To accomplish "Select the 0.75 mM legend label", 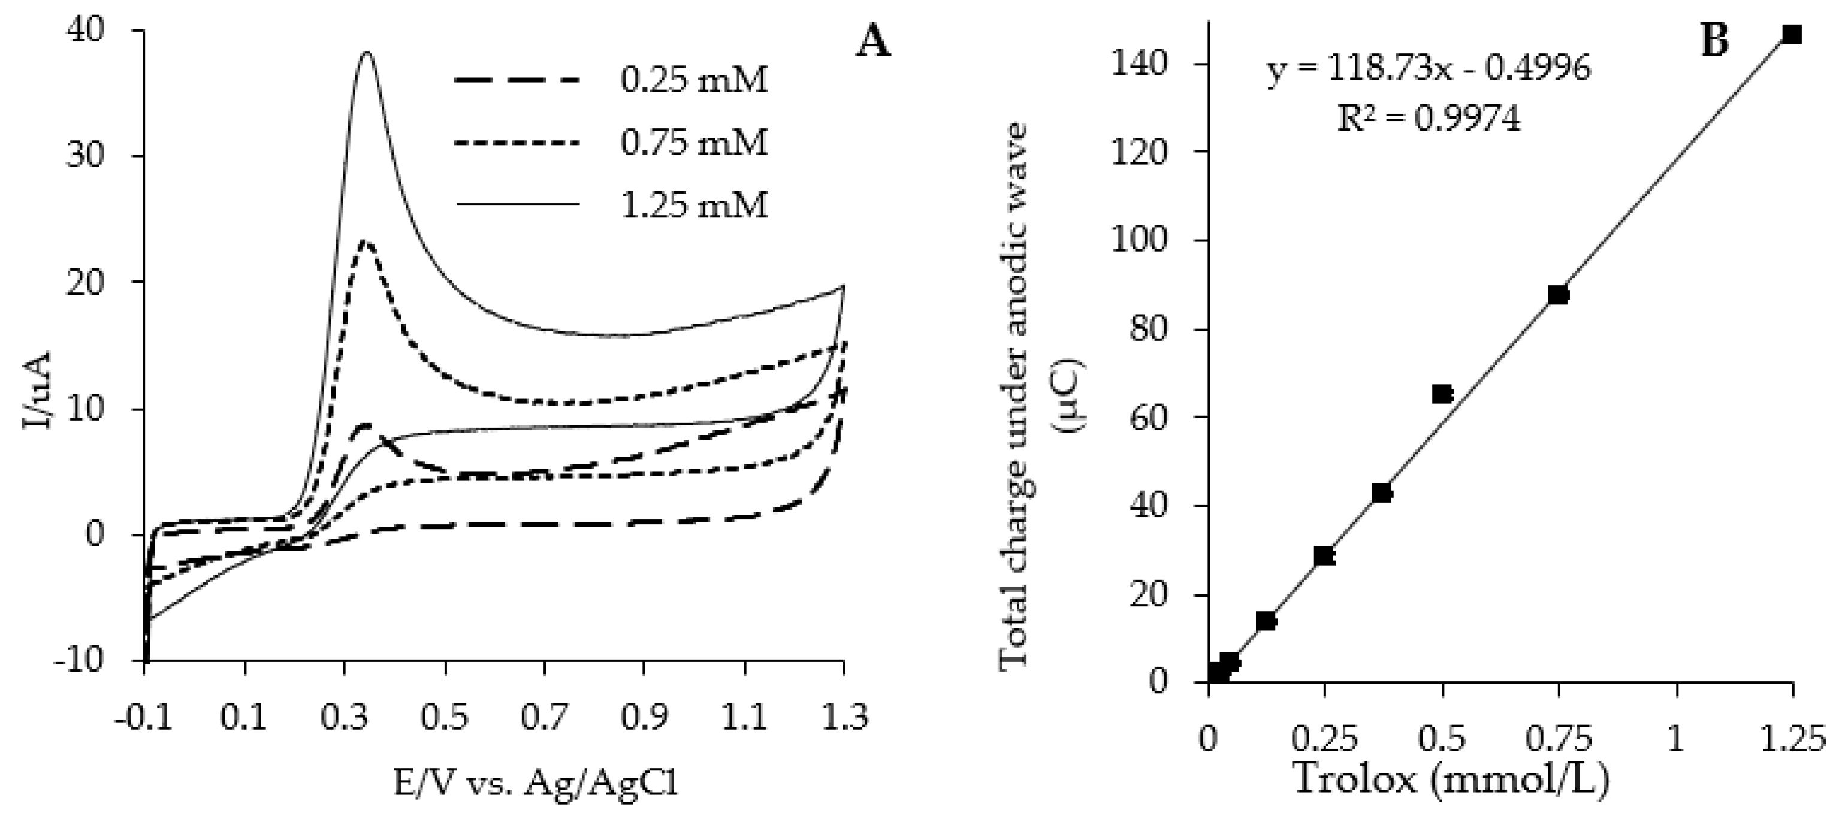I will tap(693, 143).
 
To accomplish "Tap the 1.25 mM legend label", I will tap(693, 206).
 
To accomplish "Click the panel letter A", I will tap(874, 42).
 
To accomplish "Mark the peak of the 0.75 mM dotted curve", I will tap(366, 241).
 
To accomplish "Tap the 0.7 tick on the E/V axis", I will tap(545, 717).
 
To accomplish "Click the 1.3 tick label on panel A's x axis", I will tap(844, 717).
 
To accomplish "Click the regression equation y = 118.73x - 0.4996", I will tap(1429, 70).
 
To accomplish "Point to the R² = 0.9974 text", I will tap(1429, 119).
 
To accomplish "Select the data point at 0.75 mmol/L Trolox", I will tap(1558, 295).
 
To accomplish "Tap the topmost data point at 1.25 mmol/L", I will tap(1791, 34).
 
